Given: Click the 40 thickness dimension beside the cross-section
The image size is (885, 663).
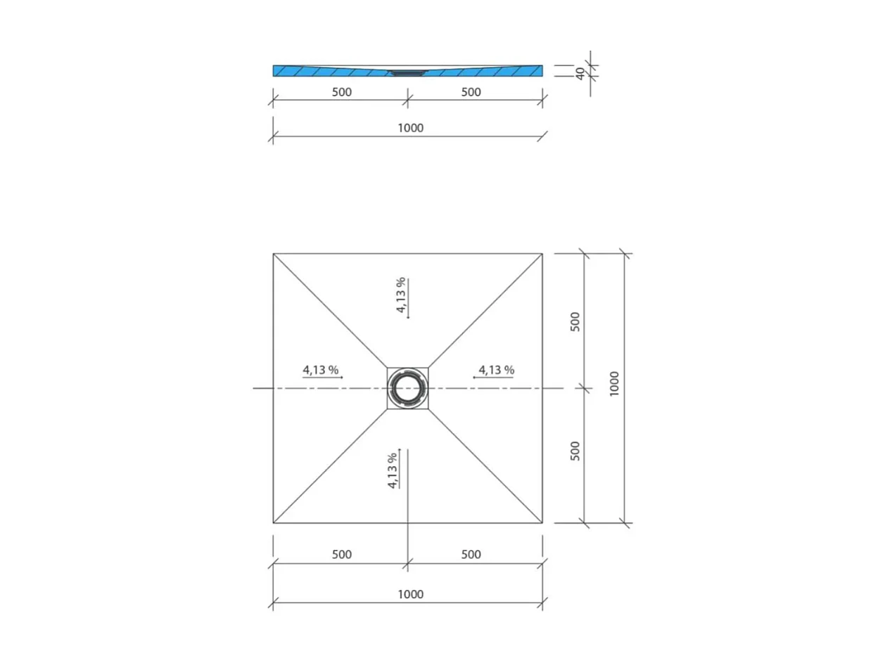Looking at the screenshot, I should tap(580, 72).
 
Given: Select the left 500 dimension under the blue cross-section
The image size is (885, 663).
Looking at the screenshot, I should tap(340, 92).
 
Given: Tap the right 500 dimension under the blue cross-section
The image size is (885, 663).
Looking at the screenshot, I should tap(471, 92).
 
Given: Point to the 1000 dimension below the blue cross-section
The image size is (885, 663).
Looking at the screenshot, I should tap(410, 128).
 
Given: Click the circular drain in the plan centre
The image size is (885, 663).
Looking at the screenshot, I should tap(407, 388).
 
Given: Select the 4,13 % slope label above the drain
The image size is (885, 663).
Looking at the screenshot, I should tap(401, 295).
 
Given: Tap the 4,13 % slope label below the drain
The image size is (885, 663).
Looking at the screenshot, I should tap(393, 470).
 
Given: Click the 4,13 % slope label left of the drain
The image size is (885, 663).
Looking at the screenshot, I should tap(321, 369).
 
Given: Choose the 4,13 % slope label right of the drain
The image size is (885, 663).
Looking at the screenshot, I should tap(496, 369).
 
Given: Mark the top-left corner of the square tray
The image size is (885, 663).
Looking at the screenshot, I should tap(274, 254).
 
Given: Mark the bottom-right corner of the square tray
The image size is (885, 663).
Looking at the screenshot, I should tap(542, 523).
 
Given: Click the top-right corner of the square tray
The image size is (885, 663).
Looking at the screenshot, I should tap(542, 254).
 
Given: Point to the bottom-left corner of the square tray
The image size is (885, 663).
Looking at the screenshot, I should tap(274, 523).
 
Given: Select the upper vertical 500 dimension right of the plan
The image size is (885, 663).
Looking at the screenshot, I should tap(575, 321).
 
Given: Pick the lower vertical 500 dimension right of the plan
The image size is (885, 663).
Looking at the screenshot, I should tap(575, 451).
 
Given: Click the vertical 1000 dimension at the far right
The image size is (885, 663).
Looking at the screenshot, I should tap(614, 384).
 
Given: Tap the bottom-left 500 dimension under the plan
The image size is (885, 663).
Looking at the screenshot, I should tap(340, 555).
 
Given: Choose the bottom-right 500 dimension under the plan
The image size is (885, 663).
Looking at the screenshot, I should tap(471, 555).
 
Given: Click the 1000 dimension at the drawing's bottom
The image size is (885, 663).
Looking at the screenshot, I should tap(410, 594).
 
